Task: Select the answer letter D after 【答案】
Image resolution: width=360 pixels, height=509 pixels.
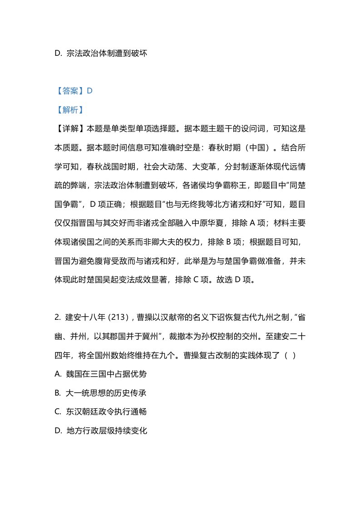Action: point(89,91)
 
